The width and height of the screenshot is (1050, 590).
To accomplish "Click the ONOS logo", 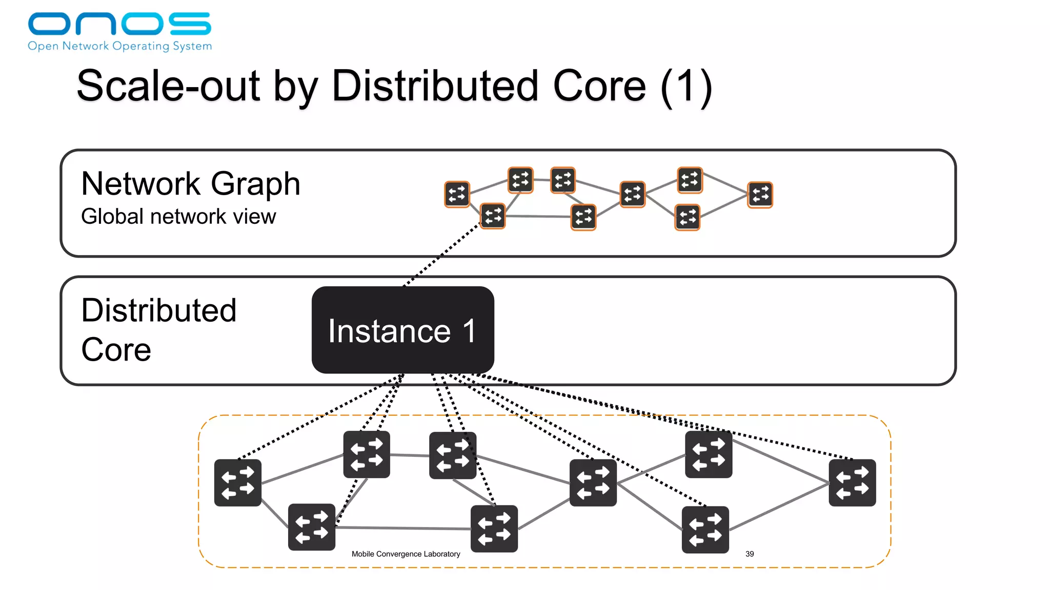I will click(119, 24).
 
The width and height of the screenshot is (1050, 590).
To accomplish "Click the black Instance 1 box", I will click(402, 330).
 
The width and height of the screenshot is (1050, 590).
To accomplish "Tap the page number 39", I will click(749, 554).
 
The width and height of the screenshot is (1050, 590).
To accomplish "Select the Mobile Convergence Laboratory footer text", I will click(406, 554).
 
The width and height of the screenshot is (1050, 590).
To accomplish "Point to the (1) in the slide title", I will click(686, 87).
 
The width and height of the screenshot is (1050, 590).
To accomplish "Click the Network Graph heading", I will click(190, 183).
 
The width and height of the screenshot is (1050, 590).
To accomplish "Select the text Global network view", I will click(178, 217).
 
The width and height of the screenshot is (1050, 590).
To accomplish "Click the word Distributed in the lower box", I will click(158, 310).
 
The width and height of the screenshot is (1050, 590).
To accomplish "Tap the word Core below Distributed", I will click(116, 350).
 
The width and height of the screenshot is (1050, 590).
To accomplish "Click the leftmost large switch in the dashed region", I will click(238, 482).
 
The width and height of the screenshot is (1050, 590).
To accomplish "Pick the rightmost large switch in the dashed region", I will click(852, 482).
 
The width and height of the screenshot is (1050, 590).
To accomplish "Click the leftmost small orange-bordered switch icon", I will click(457, 194).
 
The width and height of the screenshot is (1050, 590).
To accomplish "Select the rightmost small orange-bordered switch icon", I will click(760, 195).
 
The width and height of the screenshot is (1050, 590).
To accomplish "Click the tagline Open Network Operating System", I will click(119, 46).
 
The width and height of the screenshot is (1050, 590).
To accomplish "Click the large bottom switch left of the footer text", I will click(312, 527).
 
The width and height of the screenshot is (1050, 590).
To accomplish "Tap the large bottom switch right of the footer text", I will click(494, 529).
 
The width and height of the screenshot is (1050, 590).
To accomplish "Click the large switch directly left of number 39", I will click(705, 530).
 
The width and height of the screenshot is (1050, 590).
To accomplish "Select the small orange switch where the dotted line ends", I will click(493, 216).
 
